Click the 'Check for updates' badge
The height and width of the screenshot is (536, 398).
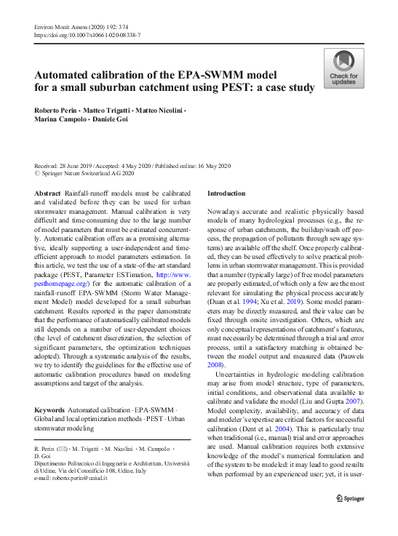click(x=344, y=69)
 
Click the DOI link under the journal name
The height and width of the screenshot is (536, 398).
click(x=87, y=35)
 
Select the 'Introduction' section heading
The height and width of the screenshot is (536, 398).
click(x=227, y=193)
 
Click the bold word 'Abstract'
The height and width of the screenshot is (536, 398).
click(x=47, y=193)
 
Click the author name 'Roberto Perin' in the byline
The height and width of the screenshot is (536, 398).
click(x=56, y=108)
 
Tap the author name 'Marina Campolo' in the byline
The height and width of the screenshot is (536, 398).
click(x=59, y=119)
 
